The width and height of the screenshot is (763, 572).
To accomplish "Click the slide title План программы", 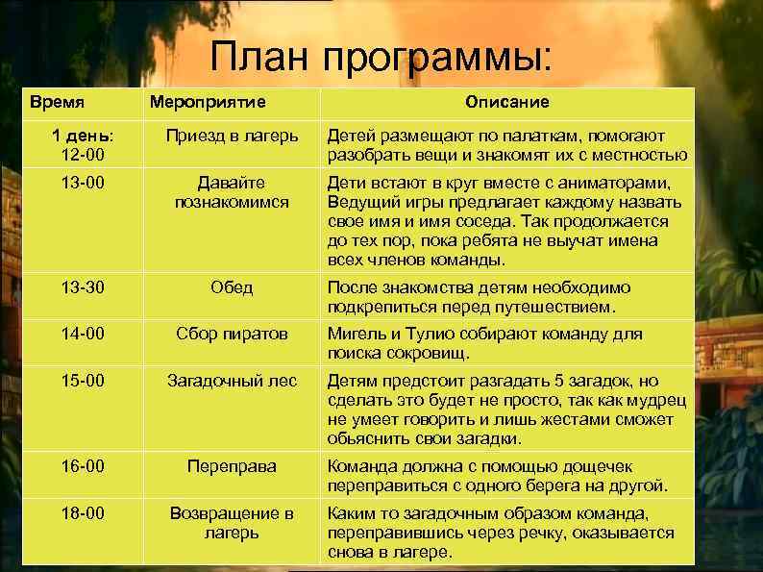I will [x=381, y=58].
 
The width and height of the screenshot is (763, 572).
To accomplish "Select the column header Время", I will [x=57, y=101].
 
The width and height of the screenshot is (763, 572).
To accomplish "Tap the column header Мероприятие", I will [x=206, y=101].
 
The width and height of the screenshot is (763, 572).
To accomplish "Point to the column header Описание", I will [x=506, y=101].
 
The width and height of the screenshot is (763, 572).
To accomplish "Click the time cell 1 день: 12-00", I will [x=82, y=144].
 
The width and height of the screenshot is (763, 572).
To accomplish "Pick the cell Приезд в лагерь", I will [x=232, y=136].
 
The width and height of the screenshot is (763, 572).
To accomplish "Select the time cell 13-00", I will [x=82, y=182].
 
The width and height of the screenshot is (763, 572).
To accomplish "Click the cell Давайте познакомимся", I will [x=232, y=191].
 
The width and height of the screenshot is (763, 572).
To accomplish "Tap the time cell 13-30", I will [x=82, y=287].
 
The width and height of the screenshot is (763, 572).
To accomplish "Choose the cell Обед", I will [x=232, y=287].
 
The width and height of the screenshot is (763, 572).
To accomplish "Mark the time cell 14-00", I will [x=82, y=334].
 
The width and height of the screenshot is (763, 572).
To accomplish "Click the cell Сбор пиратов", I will [x=232, y=334].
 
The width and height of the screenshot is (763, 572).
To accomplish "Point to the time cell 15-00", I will [x=82, y=381].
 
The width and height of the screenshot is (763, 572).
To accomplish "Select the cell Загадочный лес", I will [x=232, y=381].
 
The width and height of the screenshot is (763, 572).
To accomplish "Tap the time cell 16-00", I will [x=82, y=466].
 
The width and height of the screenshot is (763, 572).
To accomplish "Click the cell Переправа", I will [x=232, y=466].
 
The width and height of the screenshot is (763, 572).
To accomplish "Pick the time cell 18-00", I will [x=82, y=513].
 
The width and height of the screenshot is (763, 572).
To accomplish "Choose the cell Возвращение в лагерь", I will [x=232, y=522].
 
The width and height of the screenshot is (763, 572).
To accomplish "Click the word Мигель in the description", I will [x=354, y=334].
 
